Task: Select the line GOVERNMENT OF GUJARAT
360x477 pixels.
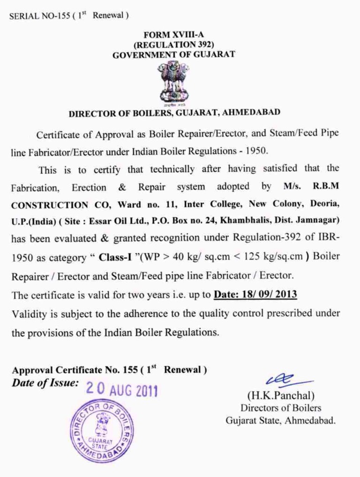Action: click(174, 54)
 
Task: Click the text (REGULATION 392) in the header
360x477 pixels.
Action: click(174, 45)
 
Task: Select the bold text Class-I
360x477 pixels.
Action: click(112, 257)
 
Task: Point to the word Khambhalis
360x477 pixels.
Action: click(239, 220)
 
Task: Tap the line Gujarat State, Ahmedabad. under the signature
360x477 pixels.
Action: click(280, 420)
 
